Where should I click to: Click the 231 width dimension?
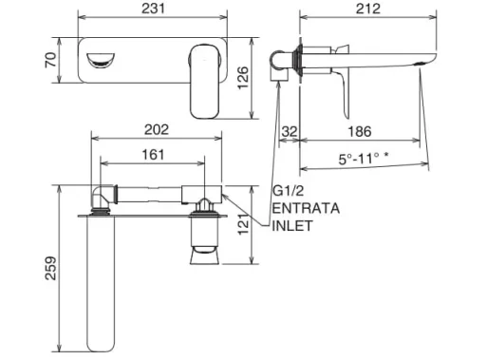[151, 9]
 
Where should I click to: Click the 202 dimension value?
[157, 129]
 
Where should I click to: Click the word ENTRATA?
[302, 208]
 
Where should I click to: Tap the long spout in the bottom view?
[102, 285]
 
